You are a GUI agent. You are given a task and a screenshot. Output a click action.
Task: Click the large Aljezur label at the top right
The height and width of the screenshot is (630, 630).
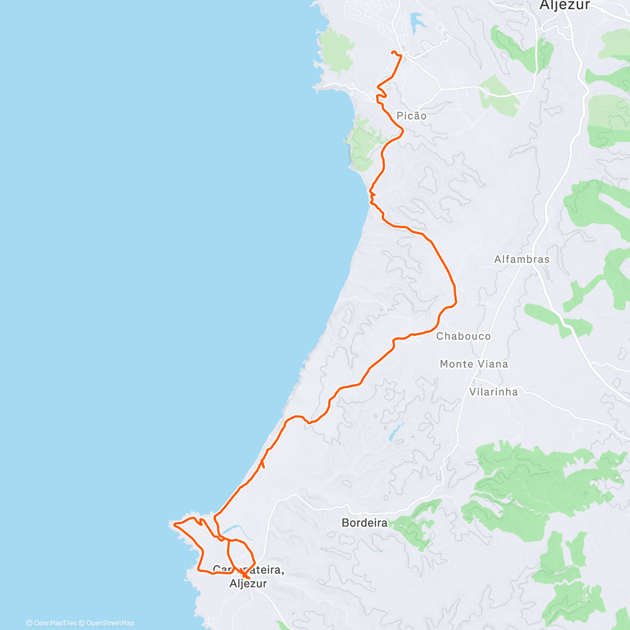565,5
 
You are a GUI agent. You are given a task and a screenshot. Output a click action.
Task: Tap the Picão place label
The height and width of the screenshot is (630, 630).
412,115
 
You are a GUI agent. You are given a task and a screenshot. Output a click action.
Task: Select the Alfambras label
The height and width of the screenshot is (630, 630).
522,259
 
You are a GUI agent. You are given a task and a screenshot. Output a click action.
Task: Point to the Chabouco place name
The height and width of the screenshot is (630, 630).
464,336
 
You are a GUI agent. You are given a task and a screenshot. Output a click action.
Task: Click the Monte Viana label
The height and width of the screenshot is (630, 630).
474,364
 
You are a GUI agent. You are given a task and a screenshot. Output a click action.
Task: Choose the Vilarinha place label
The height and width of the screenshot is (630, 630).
493,392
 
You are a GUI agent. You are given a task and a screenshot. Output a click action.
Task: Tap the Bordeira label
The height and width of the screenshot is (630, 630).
364,523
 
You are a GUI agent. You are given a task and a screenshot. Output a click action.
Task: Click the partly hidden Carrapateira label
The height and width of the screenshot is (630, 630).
249,570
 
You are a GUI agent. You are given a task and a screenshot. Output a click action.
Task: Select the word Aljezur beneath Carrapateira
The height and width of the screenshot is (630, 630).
248,583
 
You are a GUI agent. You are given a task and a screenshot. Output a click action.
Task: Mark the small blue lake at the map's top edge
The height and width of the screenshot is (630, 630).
418,21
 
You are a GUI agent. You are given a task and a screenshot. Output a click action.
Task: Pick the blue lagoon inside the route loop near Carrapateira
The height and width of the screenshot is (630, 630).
232,530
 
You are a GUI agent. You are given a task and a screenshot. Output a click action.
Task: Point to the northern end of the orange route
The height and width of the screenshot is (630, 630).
393,51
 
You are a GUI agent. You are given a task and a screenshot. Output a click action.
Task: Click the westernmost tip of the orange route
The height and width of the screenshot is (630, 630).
174,524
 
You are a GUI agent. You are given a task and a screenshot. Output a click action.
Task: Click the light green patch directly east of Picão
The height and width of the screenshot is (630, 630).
499,94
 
